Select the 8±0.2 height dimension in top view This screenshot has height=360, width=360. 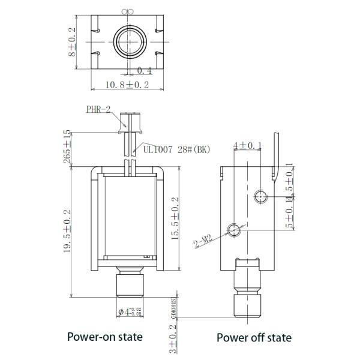click(x=72, y=41)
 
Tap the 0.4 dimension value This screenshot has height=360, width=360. click(x=144, y=71)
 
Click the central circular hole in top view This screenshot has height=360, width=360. click(x=129, y=43)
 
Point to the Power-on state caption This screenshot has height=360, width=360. click(x=105, y=337)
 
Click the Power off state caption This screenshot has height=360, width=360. click(x=254, y=337)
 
